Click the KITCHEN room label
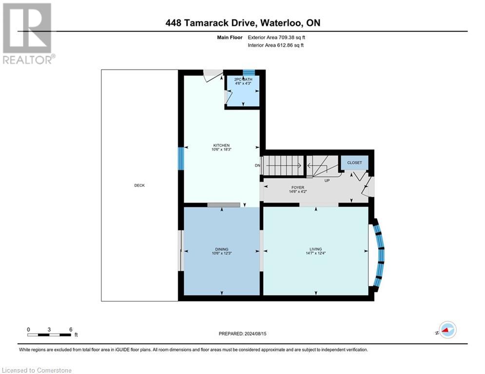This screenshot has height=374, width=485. [x=221, y=145]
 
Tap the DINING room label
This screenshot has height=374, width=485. [x=221, y=249]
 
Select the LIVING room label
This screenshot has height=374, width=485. [x=315, y=249]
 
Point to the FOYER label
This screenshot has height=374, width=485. [x=297, y=187]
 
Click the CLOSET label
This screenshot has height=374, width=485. [x=354, y=163]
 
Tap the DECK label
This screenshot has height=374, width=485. [x=139, y=185]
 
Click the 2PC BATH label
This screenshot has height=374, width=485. [x=242, y=79]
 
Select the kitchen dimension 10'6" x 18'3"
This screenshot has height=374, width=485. [x=221, y=150]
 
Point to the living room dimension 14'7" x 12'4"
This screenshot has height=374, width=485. [x=315, y=253]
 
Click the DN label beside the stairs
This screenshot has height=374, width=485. [x=257, y=166]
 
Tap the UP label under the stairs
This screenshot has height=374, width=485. [x=328, y=180]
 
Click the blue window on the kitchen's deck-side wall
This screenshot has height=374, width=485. [x=181, y=158]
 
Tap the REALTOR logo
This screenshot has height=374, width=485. [x=27, y=33]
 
